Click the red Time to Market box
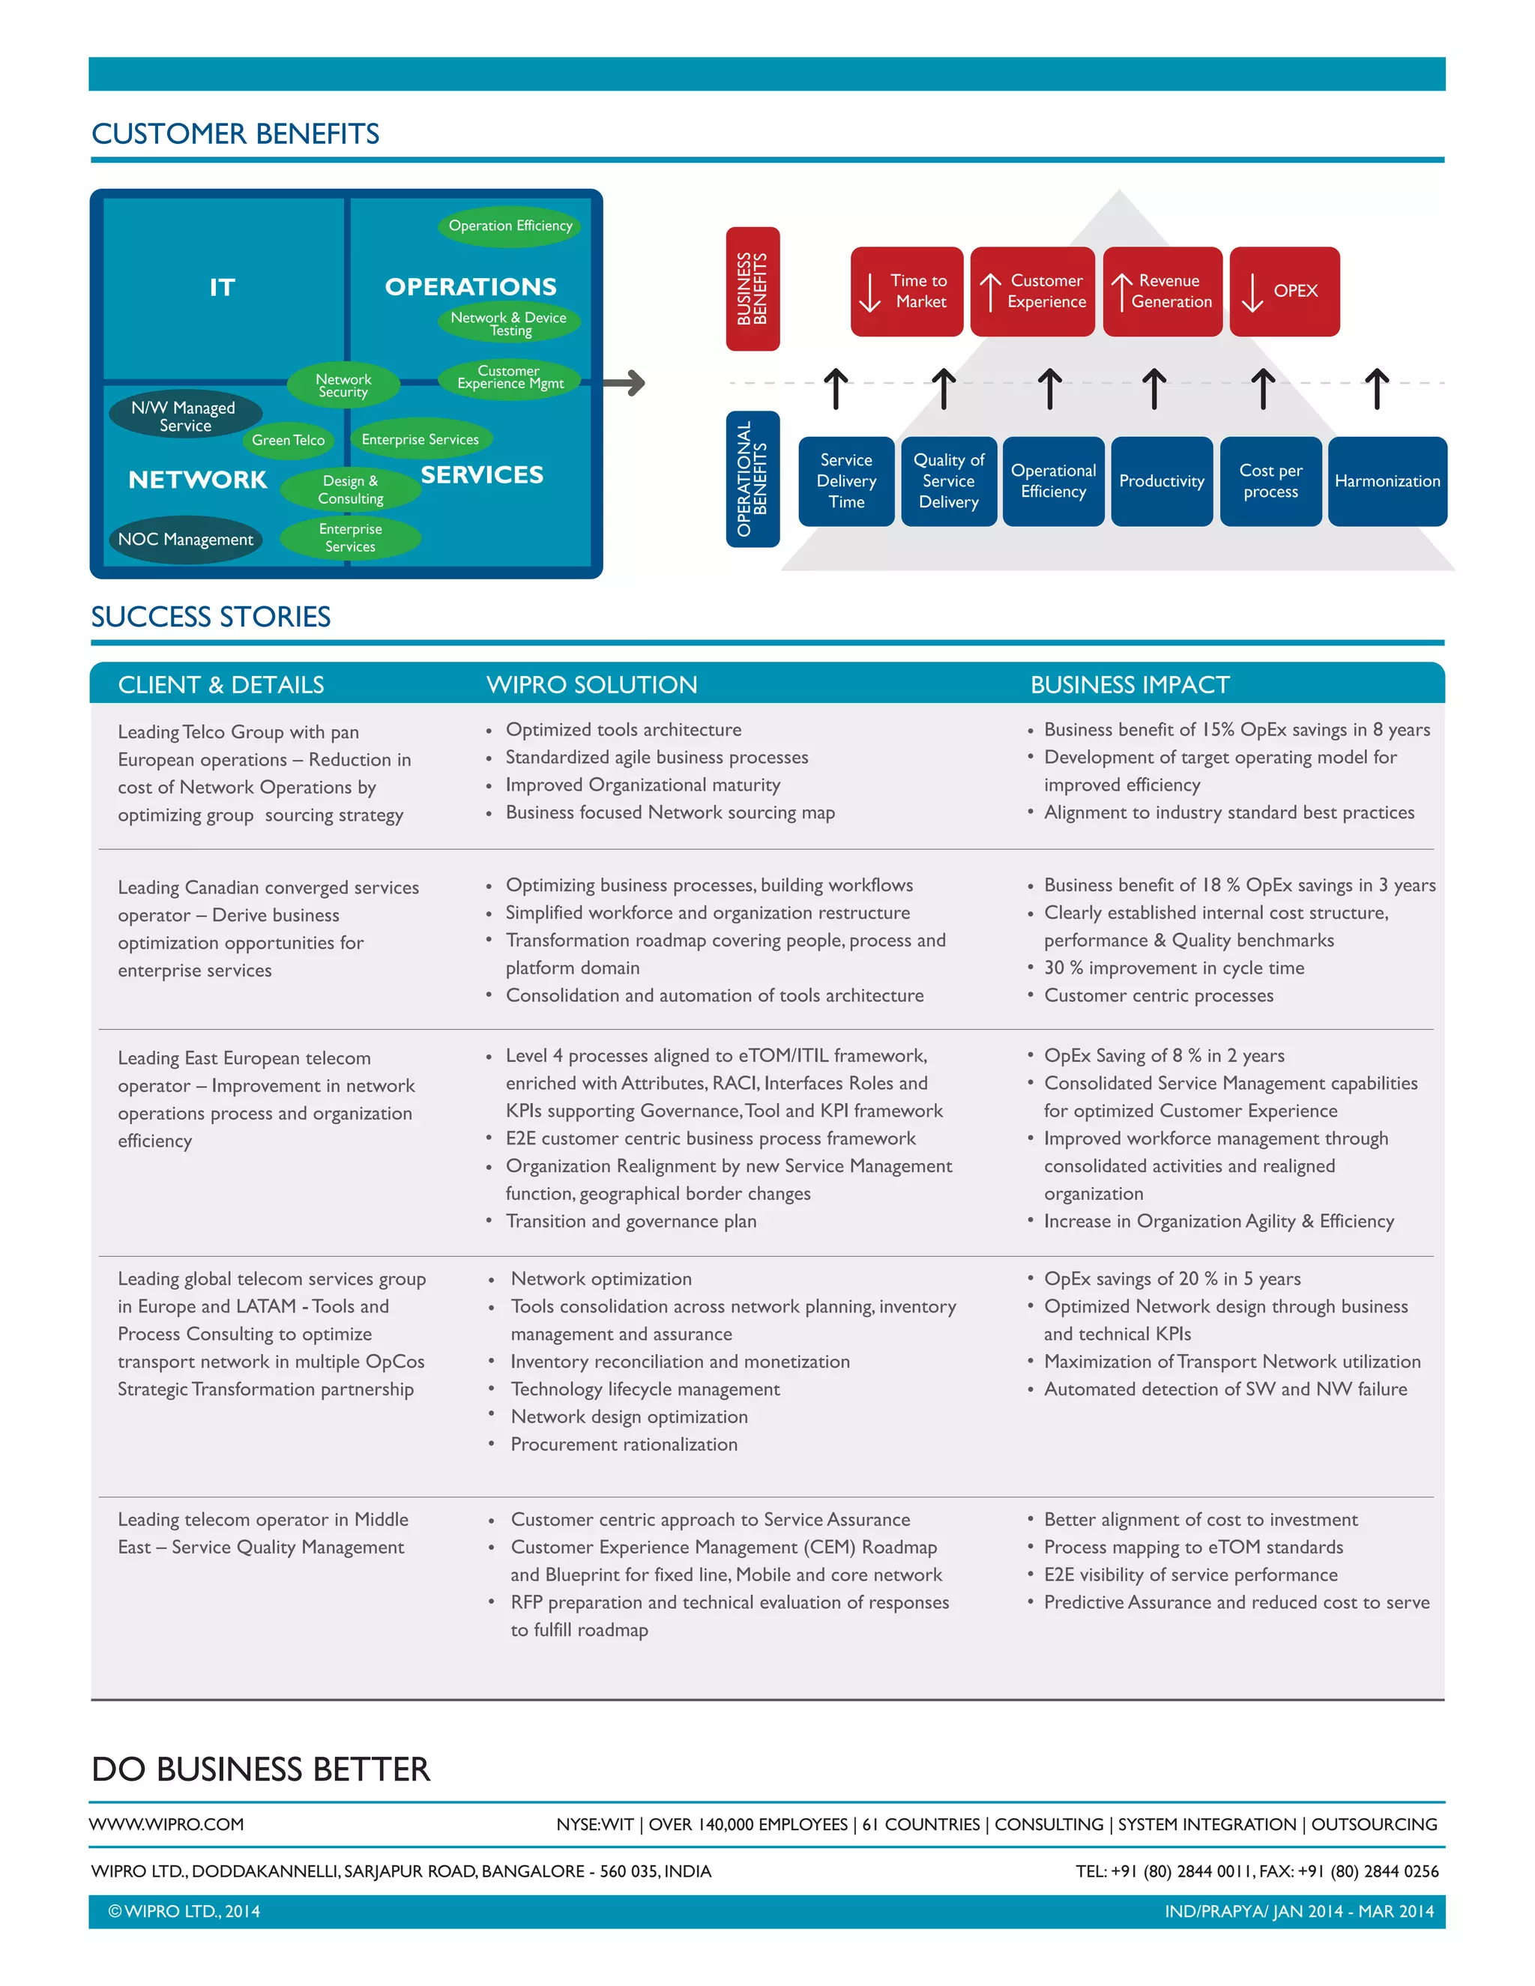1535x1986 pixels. pos(907,292)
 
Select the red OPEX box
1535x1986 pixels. pos(1284,292)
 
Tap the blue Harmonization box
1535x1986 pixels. pos(1387,481)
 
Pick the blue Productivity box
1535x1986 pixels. pos(1161,481)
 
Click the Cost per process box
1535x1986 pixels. pos(1270,481)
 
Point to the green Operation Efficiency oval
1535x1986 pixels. pos(510,226)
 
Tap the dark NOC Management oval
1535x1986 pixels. pos(186,540)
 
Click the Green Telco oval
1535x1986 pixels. pos(289,440)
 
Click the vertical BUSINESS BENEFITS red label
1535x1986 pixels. pos(752,289)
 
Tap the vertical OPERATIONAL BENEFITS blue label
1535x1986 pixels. pos(752,478)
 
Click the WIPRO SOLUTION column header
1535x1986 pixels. pos(592,685)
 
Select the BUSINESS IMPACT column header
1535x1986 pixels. pos(1130,685)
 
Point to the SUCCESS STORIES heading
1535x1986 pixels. pos(211,617)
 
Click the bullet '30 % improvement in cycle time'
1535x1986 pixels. pos(1173,968)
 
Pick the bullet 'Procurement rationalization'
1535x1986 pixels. pos(624,1444)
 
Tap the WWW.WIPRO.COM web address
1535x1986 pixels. pos(166,1824)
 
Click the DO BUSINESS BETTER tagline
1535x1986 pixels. pos(261,1769)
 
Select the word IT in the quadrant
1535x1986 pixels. pos(222,287)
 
